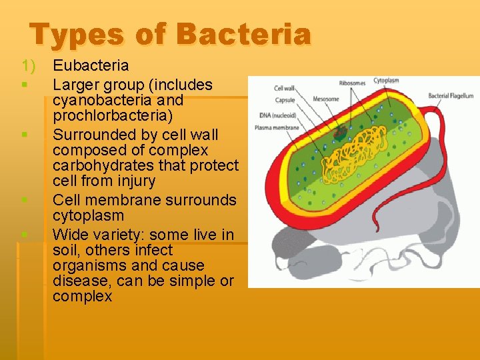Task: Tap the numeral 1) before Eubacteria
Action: point(27,66)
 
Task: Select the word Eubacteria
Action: point(91,66)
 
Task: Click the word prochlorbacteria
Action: point(112,115)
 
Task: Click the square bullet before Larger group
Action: point(23,85)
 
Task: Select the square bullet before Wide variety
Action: point(23,235)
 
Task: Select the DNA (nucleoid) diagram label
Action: point(279,115)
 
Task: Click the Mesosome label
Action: point(327,99)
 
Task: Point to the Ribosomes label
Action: point(352,83)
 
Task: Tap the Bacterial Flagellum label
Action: point(450,96)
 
